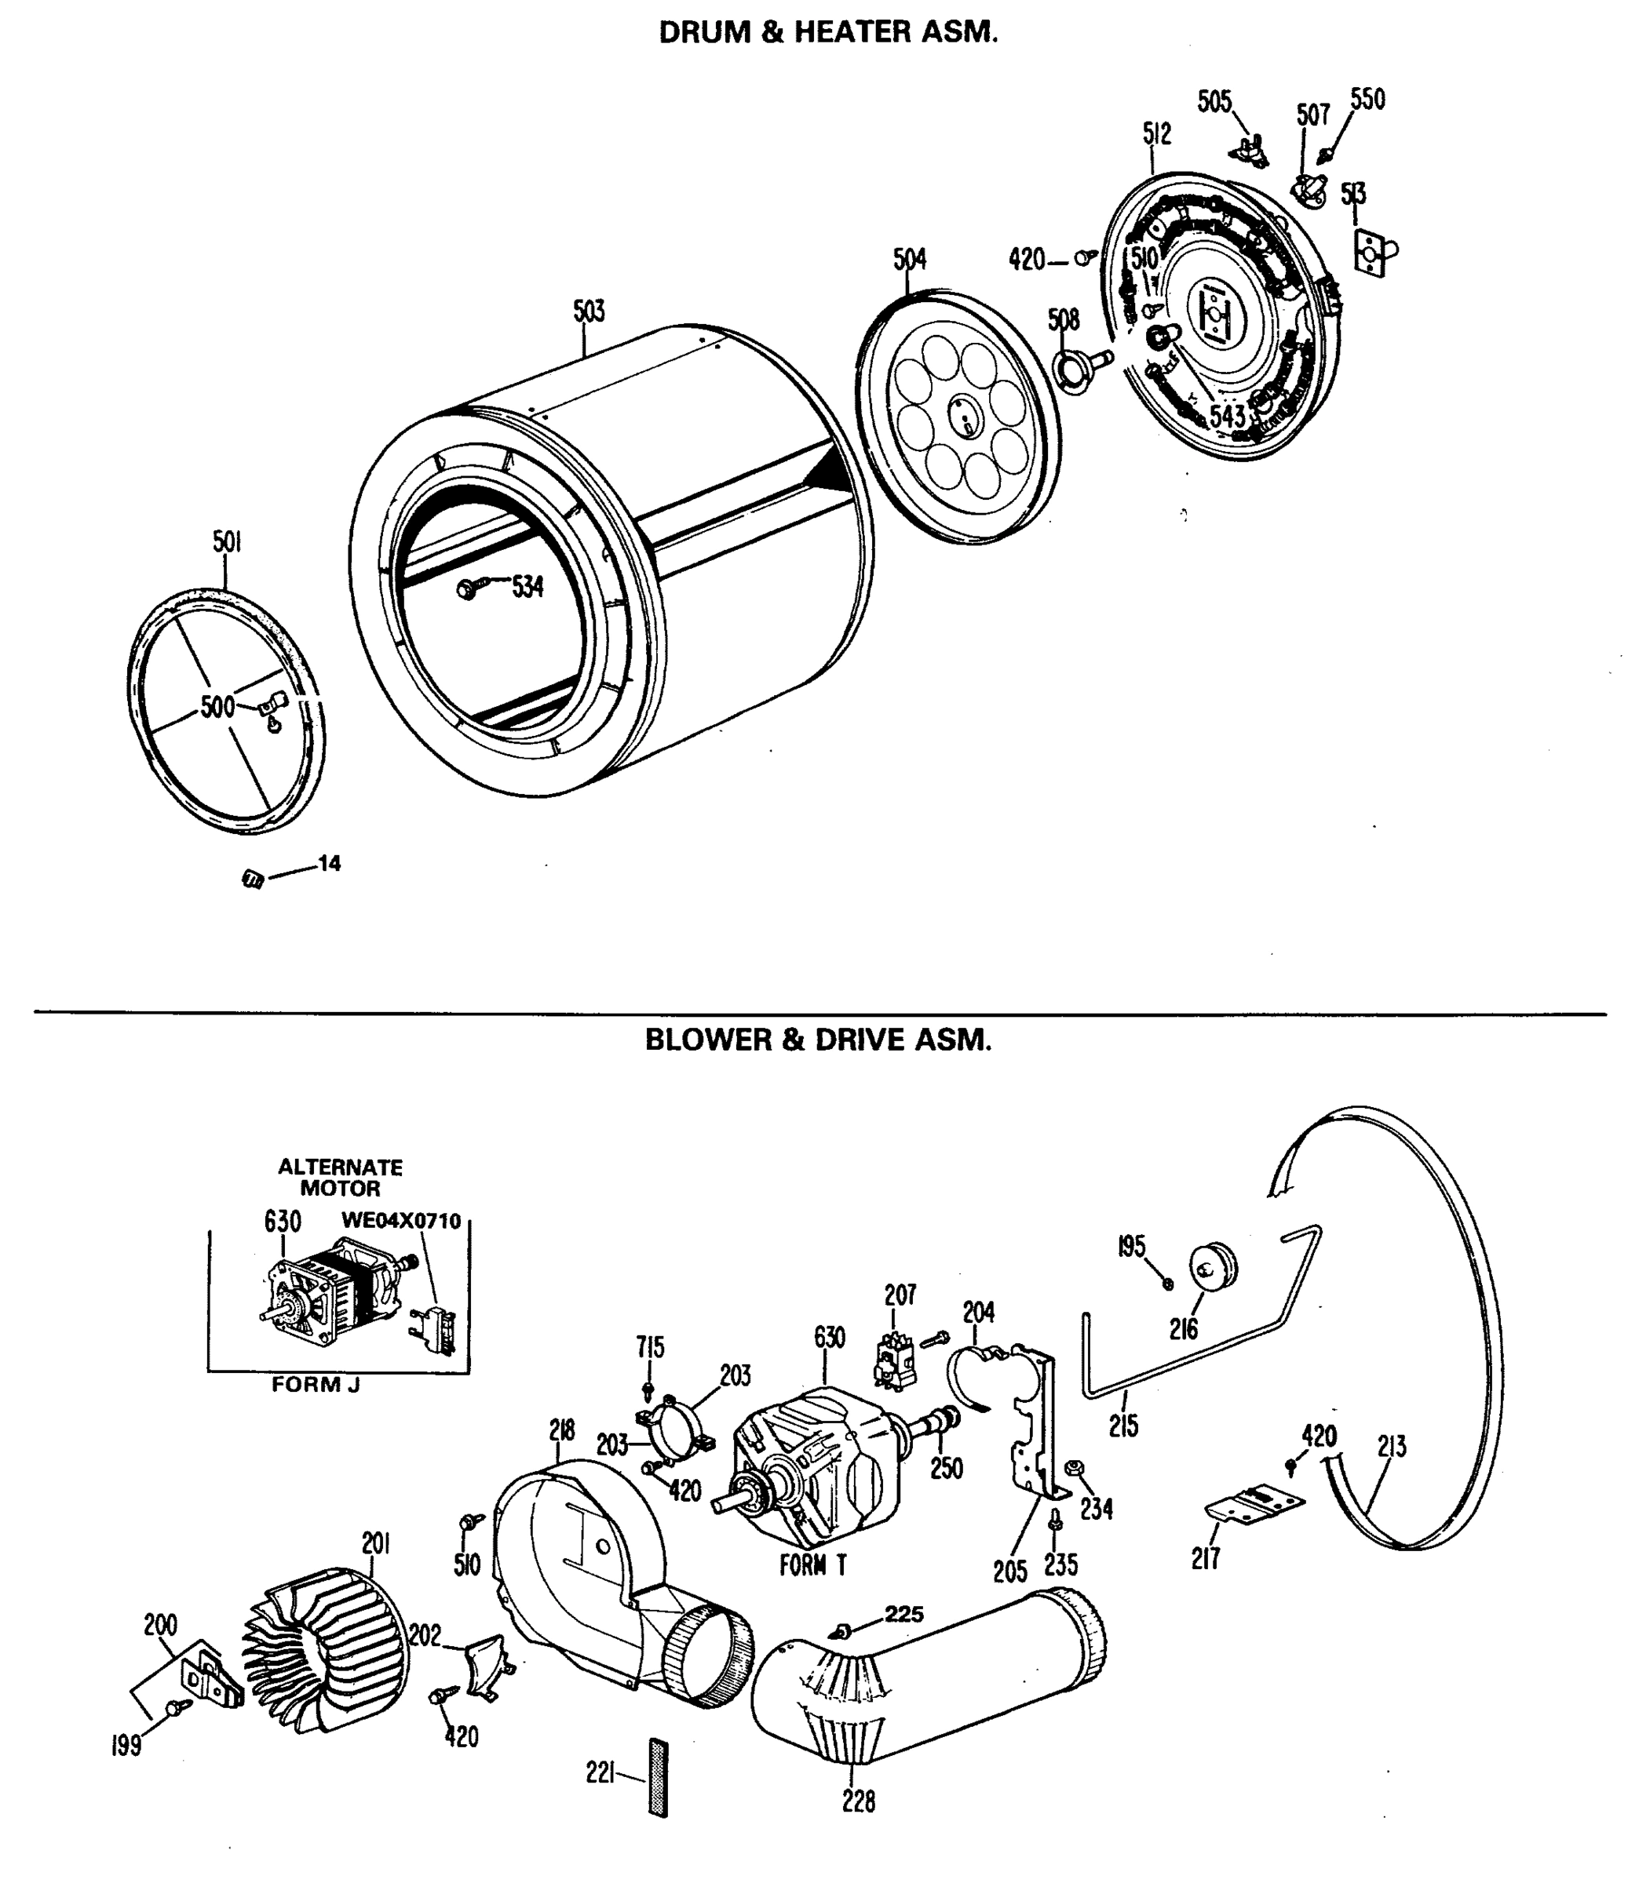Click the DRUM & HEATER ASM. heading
pos(827,33)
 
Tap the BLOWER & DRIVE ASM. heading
pos(817,1040)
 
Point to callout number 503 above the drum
pos(588,311)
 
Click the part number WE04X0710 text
pos(401,1221)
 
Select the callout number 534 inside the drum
pos(527,587)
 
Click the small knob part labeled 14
pos(253,879)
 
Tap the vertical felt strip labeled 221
pos(658,1779)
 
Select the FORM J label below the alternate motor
pos(316,1385)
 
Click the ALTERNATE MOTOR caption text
pos(340,1177)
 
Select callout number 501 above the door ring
pos(226,543)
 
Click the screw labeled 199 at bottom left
pos(173,1709)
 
